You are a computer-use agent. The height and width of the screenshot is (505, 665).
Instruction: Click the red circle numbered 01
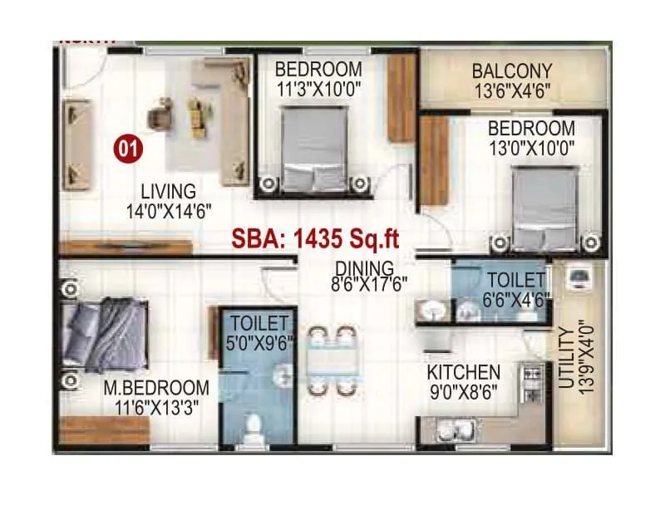(x=128, y=150)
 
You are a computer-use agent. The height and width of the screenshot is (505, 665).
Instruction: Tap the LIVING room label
(x=168, y=192)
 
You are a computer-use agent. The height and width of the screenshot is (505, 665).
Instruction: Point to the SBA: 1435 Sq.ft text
(x=316, y=241)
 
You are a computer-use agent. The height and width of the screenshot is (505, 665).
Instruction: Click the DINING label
(x=364, y=268)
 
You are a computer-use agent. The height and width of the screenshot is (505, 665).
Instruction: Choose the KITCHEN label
(x=464, y=372)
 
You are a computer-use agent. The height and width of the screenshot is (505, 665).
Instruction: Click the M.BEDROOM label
(x=156, y=388)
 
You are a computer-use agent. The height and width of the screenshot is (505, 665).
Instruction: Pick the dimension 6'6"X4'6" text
(x=517, y=299)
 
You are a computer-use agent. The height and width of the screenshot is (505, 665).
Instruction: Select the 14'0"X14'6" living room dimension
(x=168, y=211)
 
